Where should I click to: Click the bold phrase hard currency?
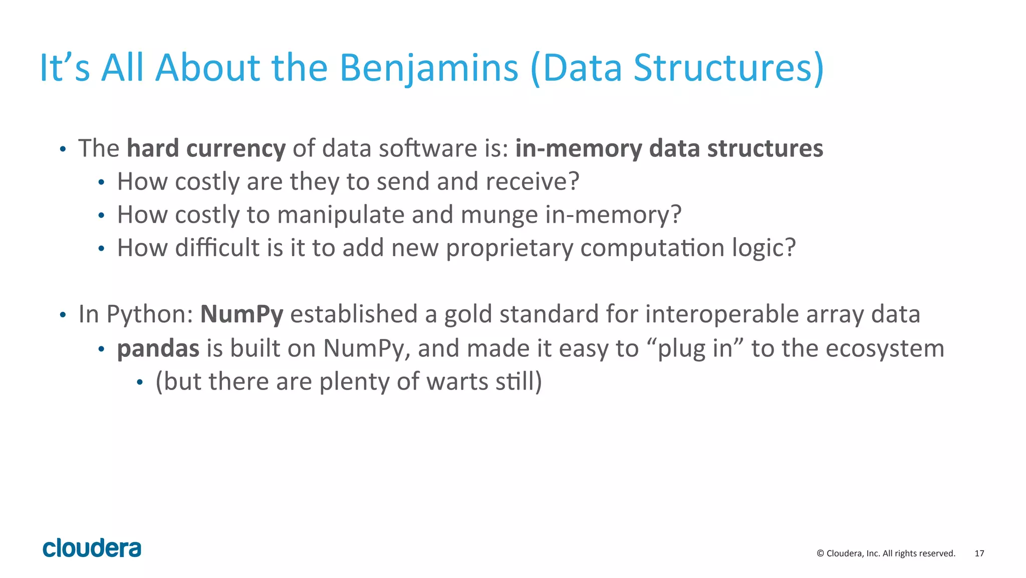click(x=206, y=149)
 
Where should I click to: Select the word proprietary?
click(x=509, y=249)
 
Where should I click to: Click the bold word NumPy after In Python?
click(x=241, y=315)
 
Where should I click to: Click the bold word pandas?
click(x=158, y=348)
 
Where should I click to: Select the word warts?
click(x=457, y=381)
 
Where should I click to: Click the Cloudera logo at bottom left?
click(x=92, y=548)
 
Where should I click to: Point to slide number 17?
click(x=979, y=553)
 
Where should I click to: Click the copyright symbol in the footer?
click(x=820, y=553)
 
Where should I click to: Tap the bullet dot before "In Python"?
click(x=63, y=315)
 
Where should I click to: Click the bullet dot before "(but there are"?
click(x=140, y=383)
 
